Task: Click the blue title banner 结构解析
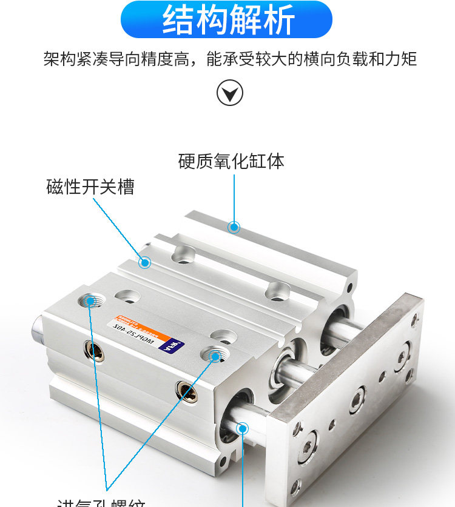227,19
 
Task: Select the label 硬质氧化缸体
231,162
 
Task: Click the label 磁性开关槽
90,187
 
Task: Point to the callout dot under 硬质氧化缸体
234,227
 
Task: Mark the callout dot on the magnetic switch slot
144,262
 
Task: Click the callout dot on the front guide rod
243,429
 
